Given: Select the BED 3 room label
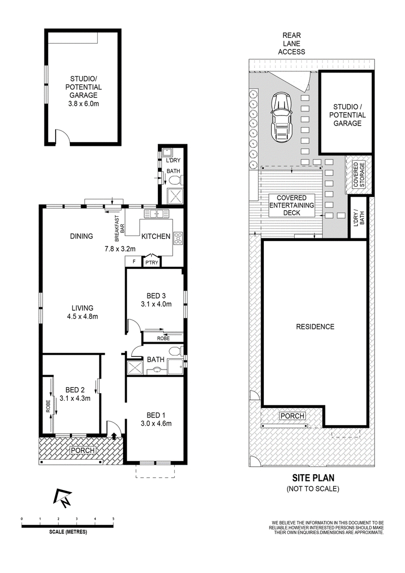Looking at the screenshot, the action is pos(153,296).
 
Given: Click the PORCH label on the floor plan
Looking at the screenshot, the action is pos(83,450).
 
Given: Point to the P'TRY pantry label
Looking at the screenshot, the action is pos(152,262).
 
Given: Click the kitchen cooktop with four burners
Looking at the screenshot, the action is pos(178,238).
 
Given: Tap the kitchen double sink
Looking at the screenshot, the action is pos(156,214).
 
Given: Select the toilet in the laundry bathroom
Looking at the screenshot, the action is pos(174,180).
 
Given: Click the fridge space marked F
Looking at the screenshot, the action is pos(134,262).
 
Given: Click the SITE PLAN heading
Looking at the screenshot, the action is pos(313,478).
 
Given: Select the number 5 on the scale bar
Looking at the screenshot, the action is pos(113,519).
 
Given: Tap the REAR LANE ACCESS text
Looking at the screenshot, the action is pos(292,44).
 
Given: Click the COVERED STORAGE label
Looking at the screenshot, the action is pos(358,175).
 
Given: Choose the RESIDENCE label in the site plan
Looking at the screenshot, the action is pos(315,326).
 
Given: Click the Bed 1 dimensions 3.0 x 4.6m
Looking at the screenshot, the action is pos(156,424).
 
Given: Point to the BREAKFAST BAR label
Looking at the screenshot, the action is pos(119,228).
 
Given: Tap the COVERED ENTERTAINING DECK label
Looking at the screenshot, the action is pos(292,205).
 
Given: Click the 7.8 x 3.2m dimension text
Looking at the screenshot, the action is pos(120,249).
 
